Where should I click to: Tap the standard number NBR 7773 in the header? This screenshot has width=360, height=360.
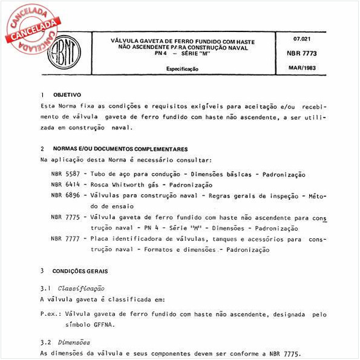click(x=309, y=53)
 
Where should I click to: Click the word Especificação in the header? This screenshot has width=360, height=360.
click(x=182, y=69)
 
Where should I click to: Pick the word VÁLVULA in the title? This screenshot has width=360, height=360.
click(x=125, y=41)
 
